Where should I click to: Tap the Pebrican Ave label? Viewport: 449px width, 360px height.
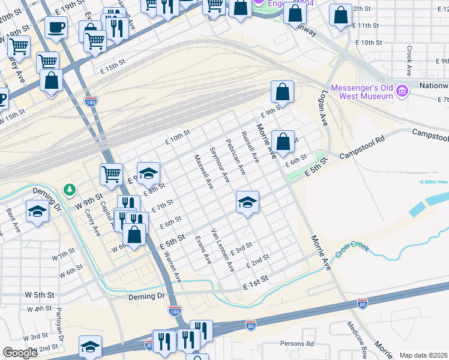(235, 157)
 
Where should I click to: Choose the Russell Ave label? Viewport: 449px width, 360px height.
(250, 148)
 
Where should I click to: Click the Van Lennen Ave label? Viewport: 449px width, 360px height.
(221, 250)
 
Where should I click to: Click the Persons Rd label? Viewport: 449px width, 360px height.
(297, 344)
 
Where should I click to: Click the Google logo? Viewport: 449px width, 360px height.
(20, 353)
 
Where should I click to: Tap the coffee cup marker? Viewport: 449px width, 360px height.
(57, 28)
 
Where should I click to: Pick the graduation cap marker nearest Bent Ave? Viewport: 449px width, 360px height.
(37, 211)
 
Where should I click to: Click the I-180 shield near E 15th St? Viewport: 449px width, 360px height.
(91, 101)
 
